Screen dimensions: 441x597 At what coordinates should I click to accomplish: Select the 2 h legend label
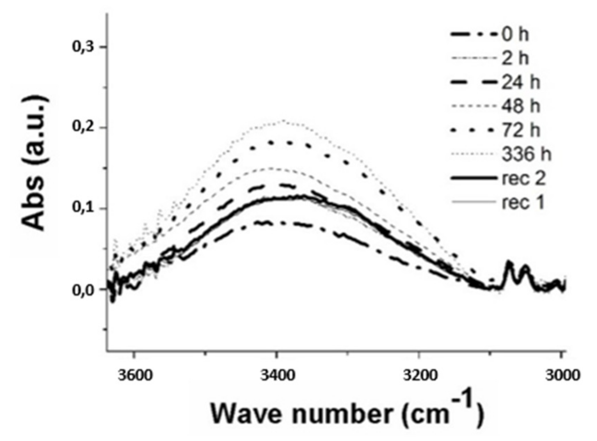[515, 58]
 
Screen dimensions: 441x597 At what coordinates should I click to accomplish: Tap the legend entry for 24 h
[520, 83]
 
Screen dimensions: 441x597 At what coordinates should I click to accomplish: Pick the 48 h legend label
[520, 106]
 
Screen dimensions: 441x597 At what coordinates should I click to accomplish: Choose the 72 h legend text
[520, 130]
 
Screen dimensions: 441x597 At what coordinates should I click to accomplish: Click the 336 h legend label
[526, 154]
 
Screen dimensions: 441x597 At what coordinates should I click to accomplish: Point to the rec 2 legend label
[524, 178]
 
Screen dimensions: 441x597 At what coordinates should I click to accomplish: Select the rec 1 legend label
[523, 202]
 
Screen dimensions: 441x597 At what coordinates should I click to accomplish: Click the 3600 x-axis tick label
[135, 375]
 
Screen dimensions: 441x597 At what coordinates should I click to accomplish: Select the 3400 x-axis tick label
[277, 375]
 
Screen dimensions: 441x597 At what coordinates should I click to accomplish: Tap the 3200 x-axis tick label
[420, 375]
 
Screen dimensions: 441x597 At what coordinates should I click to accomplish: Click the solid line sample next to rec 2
[473, 178]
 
